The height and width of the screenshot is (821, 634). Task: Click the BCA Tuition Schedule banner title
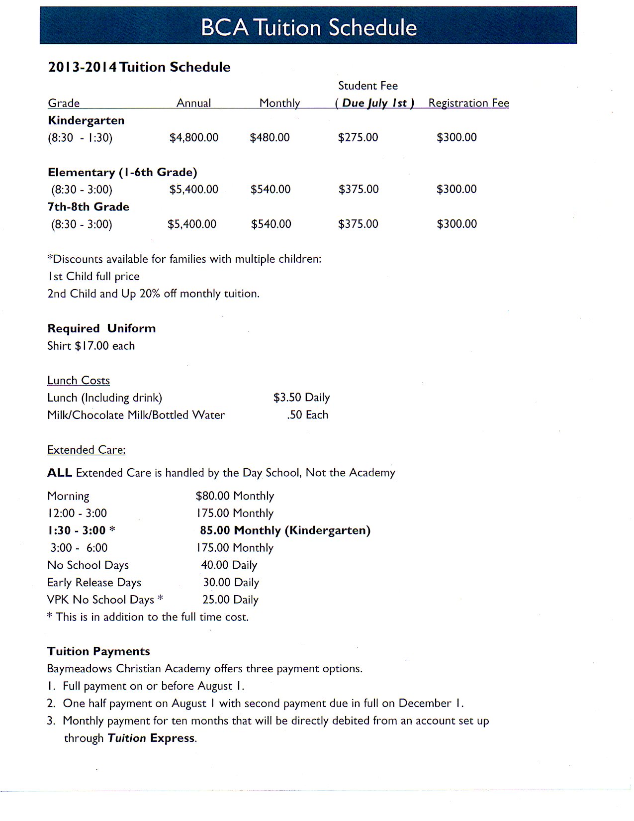click(x=308, y=27)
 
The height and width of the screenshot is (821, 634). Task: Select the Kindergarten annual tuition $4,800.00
click(x=194, y=137)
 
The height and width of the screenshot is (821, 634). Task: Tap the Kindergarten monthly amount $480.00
click(x=270, y=137)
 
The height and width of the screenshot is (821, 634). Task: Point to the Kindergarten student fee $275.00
click(x=358, y=137)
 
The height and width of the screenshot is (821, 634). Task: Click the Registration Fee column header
click(x=468, y=103)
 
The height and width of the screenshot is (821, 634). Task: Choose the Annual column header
click(x=194, y=103)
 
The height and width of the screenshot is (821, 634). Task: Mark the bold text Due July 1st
click(x=375, y=103)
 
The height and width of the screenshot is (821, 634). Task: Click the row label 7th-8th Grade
click(x=89, y=206)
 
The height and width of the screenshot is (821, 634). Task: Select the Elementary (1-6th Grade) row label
click(x=122, y=172)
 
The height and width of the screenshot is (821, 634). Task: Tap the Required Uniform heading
click(x=101, y=328)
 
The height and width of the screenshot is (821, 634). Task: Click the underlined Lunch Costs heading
click(x=79, y=381)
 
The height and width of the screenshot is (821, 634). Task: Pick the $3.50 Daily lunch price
click(x=301, y=398)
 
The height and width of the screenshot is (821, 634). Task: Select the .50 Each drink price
click(x=307, y=415)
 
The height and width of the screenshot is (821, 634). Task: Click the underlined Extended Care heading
click(x=86, y=450)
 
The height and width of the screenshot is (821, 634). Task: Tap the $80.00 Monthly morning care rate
click(x=235, y=496)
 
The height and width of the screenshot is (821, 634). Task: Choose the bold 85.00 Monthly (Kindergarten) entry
click(x=285, y=530)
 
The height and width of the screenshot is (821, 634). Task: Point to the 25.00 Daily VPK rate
click(x=230, y=600)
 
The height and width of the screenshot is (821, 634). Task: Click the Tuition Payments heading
click(x=98, y=651)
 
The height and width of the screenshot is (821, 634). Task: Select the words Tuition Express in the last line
click(x=151, y=738)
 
